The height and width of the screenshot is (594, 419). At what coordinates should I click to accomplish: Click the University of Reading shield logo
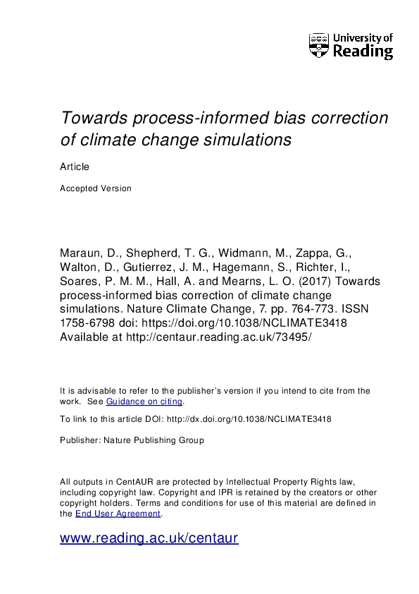coord(319,45)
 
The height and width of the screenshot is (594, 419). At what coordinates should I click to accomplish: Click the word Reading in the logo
coord(363,51)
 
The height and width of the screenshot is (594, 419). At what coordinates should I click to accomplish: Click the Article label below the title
coord(75,166)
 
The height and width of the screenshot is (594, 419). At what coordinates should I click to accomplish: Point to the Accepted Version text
coord(96,188)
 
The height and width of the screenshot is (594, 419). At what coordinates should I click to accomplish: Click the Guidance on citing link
coord(144,401)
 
